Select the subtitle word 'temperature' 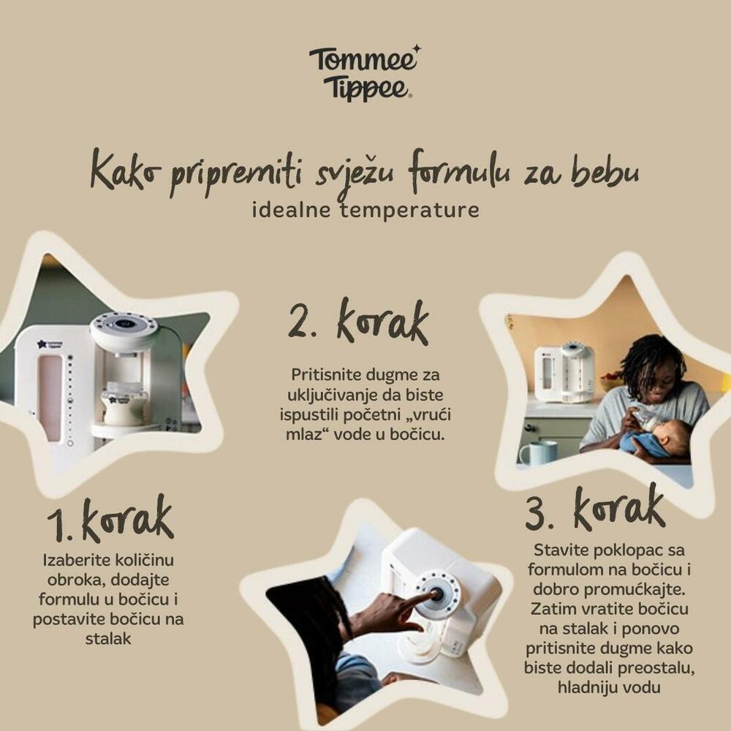point(409,210)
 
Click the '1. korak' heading point(110,519)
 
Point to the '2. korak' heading point(358,322)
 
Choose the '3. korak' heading point(595,508)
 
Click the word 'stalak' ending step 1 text point(108,639)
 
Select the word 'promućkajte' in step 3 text point(635,590)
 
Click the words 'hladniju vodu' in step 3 point(609,688)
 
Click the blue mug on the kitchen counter point(537,452)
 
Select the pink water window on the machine point(50,398)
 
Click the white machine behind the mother point(564,373)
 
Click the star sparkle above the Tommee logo point(417,48)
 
